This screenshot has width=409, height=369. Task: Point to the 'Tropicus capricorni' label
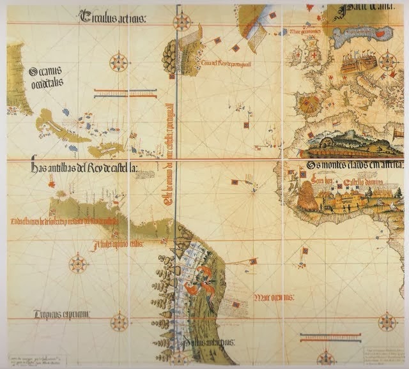(x=61, y=313)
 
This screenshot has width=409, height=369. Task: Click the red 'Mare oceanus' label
(x=274, y=297)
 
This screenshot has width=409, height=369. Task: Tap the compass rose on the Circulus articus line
(x=183, y=22)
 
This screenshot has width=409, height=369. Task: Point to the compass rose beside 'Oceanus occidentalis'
(x=118, y=62)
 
